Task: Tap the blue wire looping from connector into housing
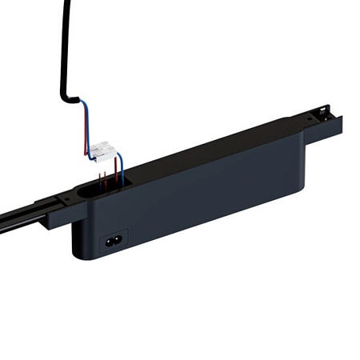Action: pos(120,172)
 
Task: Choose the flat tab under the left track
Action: pos(56,222)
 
